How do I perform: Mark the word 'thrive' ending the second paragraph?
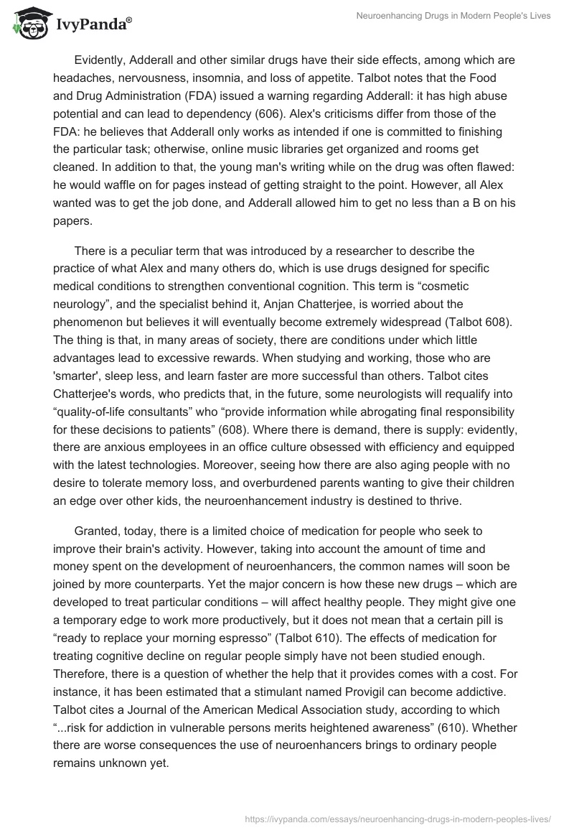click(x=462, y=498)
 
